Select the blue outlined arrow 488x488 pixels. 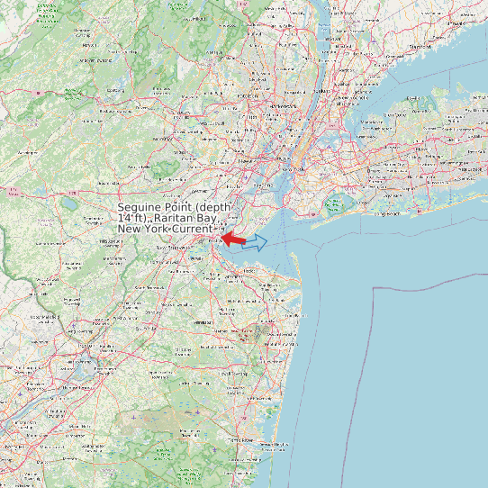[257, 241]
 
